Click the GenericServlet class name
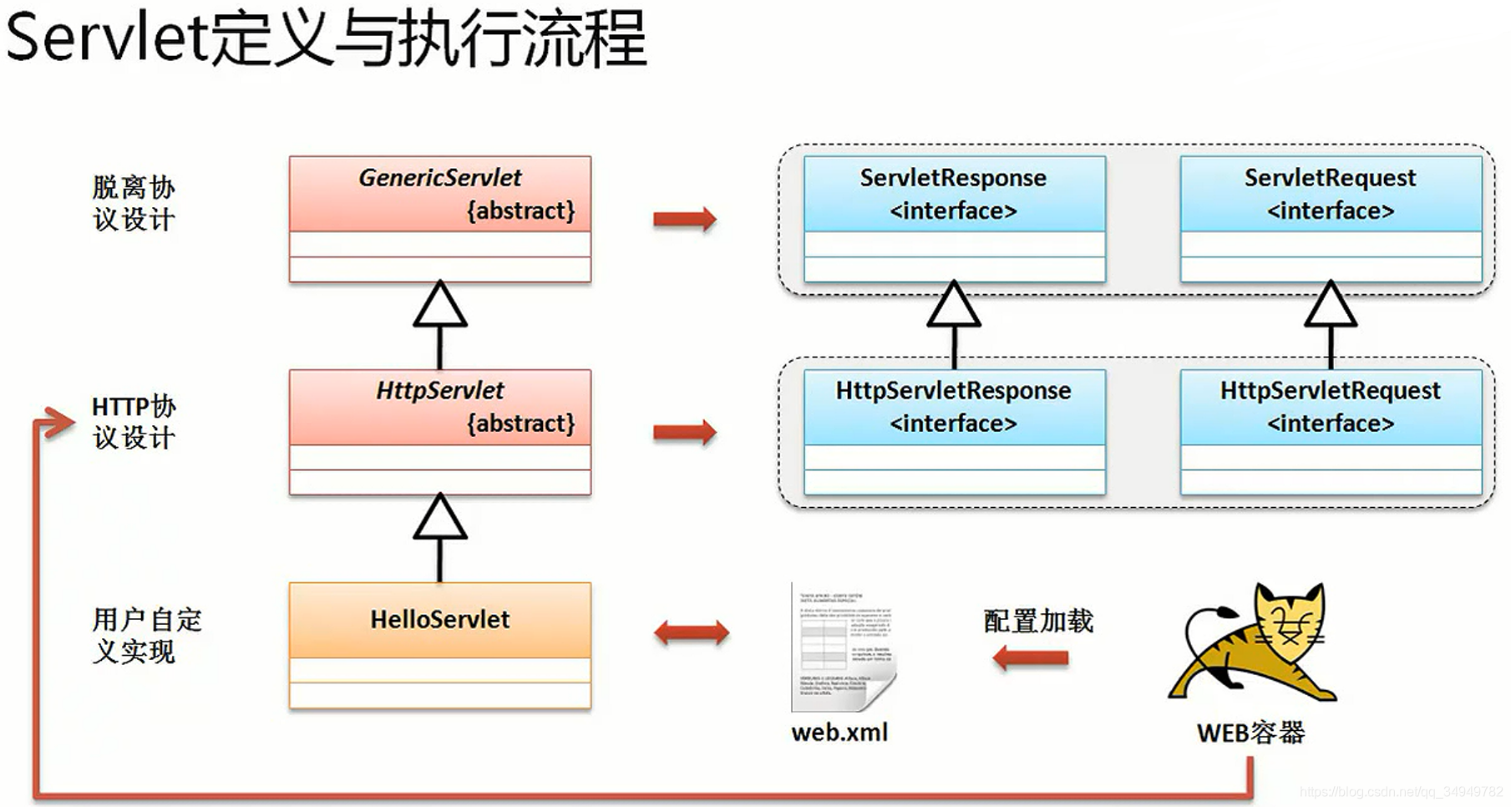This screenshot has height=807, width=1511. tap(439, 178)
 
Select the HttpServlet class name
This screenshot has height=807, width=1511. tap(439, 390)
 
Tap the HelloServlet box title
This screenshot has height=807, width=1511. tap(439, 619)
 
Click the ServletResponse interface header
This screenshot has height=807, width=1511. tap(953, 194)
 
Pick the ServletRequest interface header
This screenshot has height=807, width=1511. tap(1330, 194)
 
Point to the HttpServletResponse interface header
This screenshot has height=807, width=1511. tap(953, 407)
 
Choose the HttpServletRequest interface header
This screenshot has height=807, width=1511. tap(1330, 407)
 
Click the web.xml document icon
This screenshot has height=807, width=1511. tap(842, 647)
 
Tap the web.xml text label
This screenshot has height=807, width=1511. tap(839, 733)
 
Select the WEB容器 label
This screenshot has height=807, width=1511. tap(1250, 733)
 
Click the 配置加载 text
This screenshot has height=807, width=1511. tap(1038, 621)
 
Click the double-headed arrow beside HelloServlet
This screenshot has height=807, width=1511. tap(691, 632)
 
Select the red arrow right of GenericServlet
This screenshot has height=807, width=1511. tap(684, 219)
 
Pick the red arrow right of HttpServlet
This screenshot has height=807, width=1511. tap(684, 432)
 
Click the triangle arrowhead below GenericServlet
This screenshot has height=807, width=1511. tap(440, 307)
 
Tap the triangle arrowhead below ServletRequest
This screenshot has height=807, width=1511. tap(1330, 307)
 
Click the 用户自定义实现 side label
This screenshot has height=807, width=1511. tap(146, 636)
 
